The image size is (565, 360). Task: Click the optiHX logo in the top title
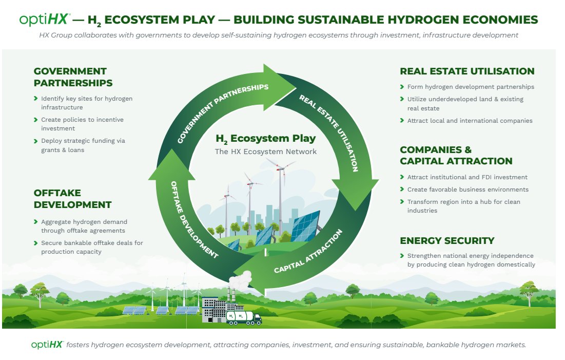coord(44,19)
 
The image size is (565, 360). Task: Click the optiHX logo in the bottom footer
coord(47,345)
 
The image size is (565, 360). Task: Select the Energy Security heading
coord(447,241)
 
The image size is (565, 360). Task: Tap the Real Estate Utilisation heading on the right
coord(467,71)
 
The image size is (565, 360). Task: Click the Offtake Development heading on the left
coord(72,199)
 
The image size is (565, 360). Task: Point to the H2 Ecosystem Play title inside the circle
coord(265,139)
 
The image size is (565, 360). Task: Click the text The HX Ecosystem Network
coord(265,151)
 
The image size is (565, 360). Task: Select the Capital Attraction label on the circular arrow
coord(308,251)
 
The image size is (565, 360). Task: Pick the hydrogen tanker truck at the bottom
coord(244,318)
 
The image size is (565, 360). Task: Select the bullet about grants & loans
coord(83,145)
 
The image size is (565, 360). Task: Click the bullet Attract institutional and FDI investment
coord(467,177)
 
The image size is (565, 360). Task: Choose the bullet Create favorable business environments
coord(467,190)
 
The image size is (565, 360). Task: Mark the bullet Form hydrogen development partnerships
coord(471,87)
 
